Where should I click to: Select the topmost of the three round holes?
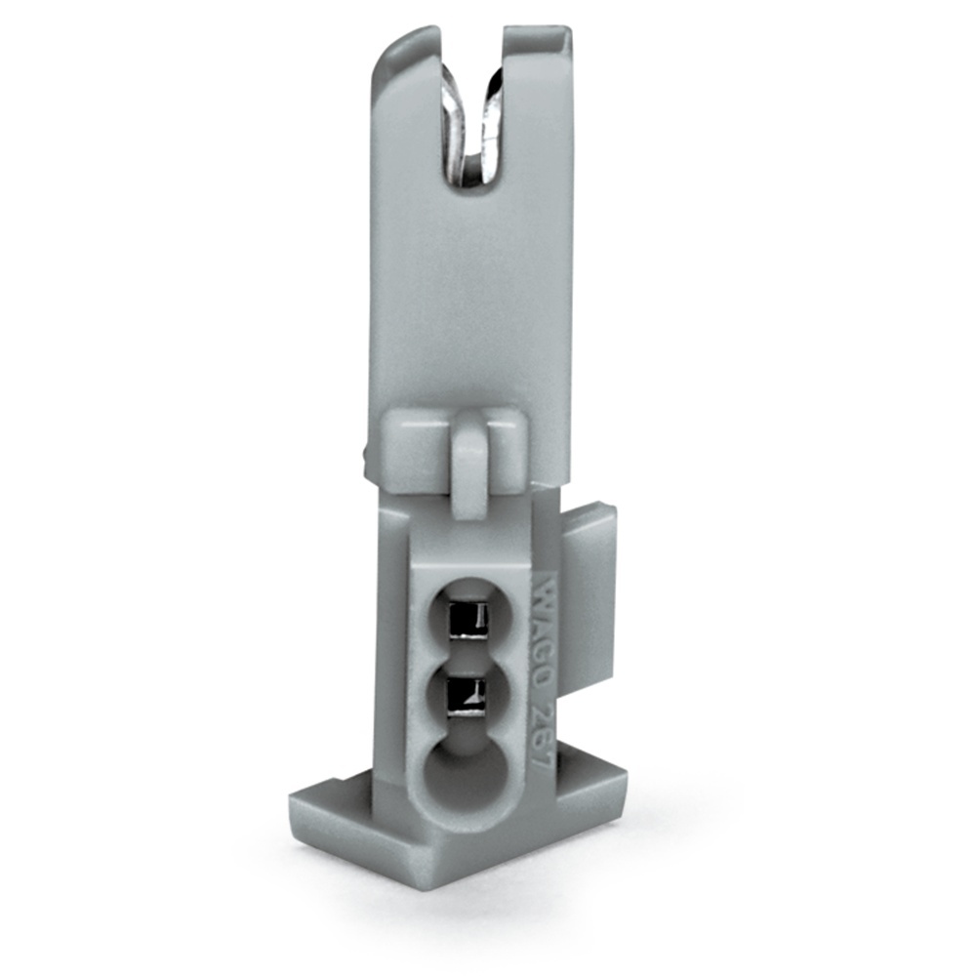(468, 617)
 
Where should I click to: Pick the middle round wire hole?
(468, 695)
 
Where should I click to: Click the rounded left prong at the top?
(402, 78)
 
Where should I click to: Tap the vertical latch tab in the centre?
(469, 464)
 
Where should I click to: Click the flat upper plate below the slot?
(468, 293)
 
